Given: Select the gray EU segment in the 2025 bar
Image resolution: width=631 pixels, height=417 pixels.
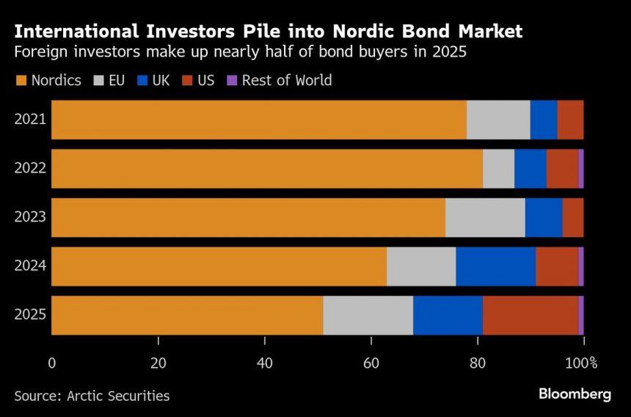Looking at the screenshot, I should [368, 315].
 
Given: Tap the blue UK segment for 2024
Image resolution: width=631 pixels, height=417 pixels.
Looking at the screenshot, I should [496, 266].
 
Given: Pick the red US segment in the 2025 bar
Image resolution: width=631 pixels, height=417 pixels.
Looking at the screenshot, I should [530, 315].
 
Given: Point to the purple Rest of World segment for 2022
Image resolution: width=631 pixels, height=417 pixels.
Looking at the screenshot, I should [581, 168].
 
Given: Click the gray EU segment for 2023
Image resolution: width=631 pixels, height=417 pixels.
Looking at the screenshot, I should [485, 217].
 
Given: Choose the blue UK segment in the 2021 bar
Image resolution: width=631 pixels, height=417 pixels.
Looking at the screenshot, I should [544, 120].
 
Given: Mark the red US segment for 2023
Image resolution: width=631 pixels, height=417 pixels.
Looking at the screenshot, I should [573, 217].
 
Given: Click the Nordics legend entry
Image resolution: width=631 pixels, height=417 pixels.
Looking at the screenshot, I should [48, 80].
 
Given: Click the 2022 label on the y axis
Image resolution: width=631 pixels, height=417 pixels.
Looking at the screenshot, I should [30, 168].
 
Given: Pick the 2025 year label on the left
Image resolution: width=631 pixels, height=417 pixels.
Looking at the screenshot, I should [30, 315].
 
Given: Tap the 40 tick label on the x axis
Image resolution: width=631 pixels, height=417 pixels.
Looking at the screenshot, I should [265, 363].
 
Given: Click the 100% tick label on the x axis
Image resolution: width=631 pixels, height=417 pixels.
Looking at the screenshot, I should [583, 363].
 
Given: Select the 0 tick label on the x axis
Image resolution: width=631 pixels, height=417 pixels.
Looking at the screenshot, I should [51, 363].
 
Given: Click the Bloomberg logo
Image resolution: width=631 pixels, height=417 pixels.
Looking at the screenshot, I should [575, 394].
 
